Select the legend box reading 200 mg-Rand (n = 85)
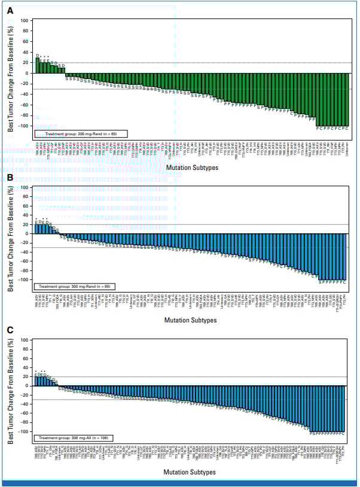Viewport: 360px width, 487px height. click(x=75, y=134)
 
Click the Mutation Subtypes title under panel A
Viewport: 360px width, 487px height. click(x=191, y=168)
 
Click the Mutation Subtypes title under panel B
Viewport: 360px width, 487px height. click(x=191, y=321)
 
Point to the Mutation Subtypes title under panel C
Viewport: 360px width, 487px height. click(x=191, y=472)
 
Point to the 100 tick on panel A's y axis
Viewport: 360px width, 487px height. click(x=25, y=20)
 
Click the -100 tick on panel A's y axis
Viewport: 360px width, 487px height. click(x=23, y=126)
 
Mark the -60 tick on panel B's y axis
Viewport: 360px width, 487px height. click(x=25, y=261)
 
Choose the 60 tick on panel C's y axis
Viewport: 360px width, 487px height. click(x=26, y=358)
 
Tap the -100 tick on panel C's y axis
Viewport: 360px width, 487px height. click(x=23, y=431)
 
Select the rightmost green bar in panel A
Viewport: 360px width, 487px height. click(x=347, y=99)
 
